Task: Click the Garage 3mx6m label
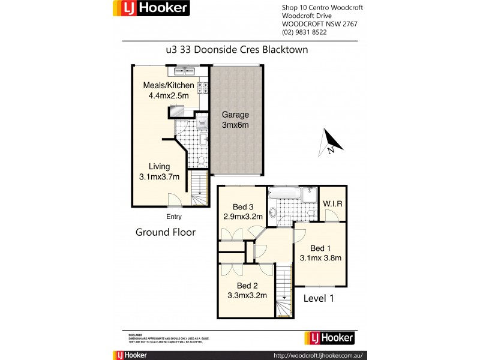(x=235, y=120)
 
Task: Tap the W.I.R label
(x=332, y=204)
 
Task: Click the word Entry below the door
(x=174, y=217)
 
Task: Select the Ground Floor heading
(x=166, y=232)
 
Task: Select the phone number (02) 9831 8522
(x=304, y=32)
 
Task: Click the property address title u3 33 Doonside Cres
(x=236, y=50)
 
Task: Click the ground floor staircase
(x=199, y=188)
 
